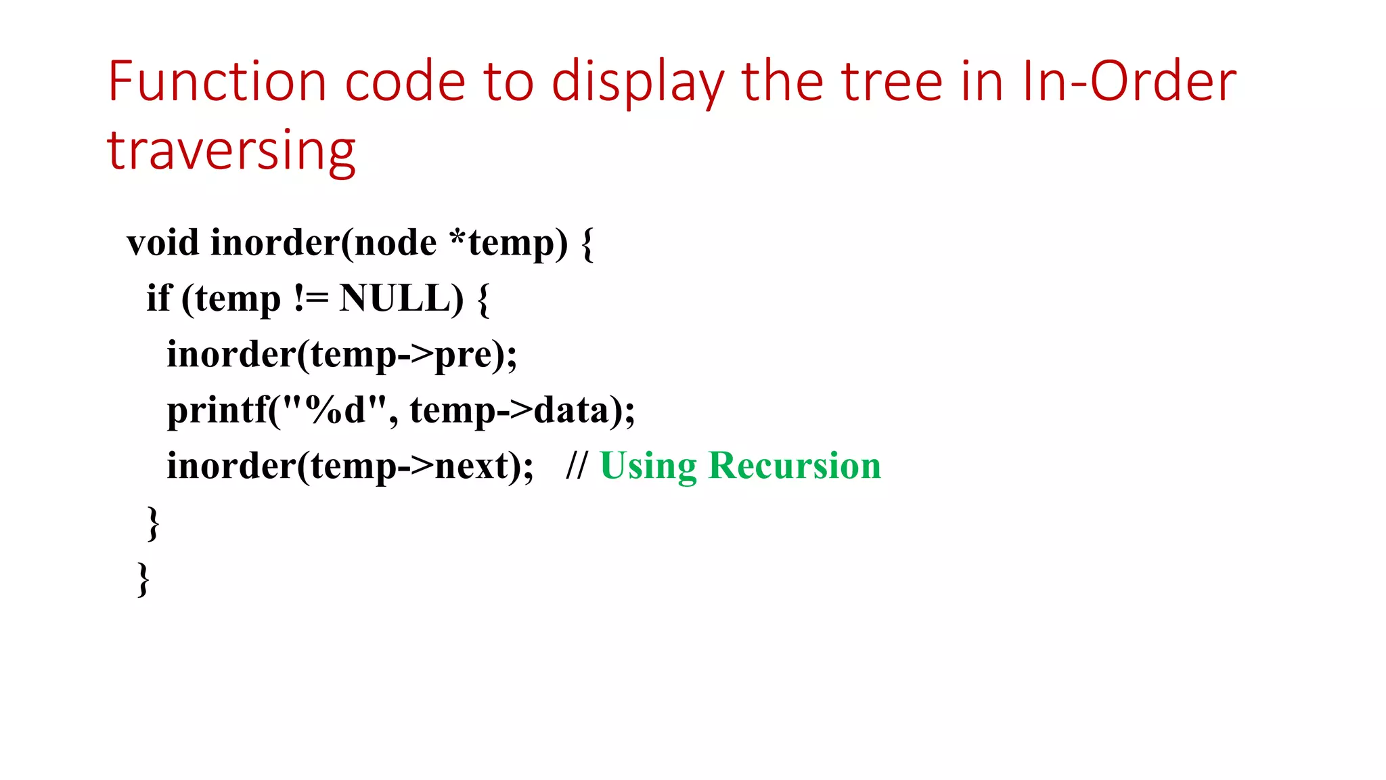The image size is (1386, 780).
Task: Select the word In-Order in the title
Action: click(1129, 82)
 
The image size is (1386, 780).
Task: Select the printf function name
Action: click(217, 410)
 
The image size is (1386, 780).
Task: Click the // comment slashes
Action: click(577, 466)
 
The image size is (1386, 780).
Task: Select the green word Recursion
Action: click(795, 466)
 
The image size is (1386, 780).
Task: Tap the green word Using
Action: click(648, 466)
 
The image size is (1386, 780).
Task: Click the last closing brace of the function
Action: click(143, 579)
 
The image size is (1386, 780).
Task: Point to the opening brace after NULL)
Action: click(483, 299)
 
